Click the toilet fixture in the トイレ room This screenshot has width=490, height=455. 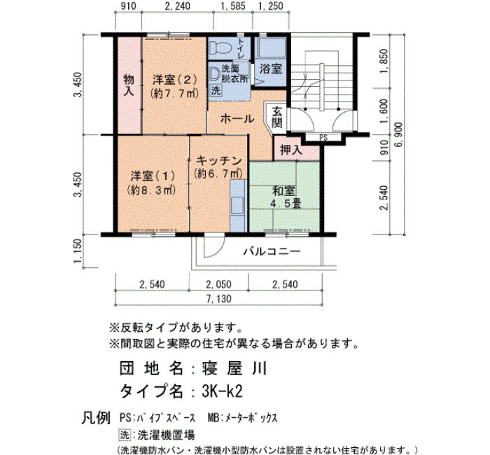pyautogui.click(x=220, y=48)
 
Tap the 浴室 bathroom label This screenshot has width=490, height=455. pyautogui.click(x=271, y=69)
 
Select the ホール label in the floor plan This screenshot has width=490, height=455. pyautogui.click(x=237, y=119)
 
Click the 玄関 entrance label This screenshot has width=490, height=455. pyautogui.click(x=277, y=117)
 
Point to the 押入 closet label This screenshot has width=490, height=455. pyautogui.click(x=291, y=150)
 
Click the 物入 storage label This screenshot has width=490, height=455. pyautogui.click(x=129, y=85)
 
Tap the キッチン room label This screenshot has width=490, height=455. pyautogui.click(x=218, y=160)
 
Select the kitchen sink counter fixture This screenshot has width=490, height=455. pyautogui.click(x=237, y=206)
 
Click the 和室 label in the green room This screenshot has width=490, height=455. pyautogui.click(x=283, y=191)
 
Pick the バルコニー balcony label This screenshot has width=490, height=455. pyautogui.click(x=272, y=251)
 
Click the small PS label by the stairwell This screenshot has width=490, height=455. pyautogui.click(x=323, y=138)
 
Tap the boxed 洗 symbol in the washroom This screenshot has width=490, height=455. pyautogui.click(x=216, y=90)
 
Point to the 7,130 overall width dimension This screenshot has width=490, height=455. pyautogui.click(x=220, y=299)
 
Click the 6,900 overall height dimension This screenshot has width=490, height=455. pyautogui.click(x=400, y=134)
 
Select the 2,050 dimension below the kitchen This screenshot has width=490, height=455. pyautogui.click(x=218, y=284)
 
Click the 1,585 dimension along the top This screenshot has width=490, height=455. pyautogui.click(x=233, y=6)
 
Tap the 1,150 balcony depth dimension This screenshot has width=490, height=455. pyautogui.click(x=78, y=251)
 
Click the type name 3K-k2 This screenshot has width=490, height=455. pyautogui.click(x=222, y=391)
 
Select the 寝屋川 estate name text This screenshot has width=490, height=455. pyautogui.click(x=233, y=369)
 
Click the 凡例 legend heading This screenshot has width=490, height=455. pyautogui.click(x=96, y=417)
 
